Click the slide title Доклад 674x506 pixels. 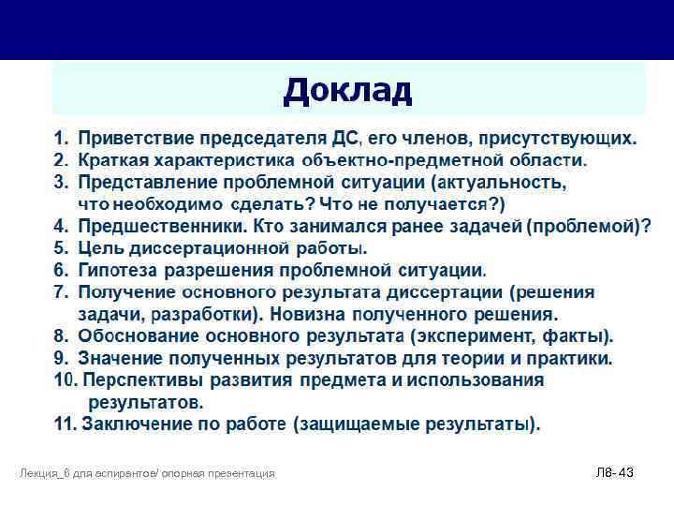tap(347, 91)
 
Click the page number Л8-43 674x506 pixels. tap(614, 473)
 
